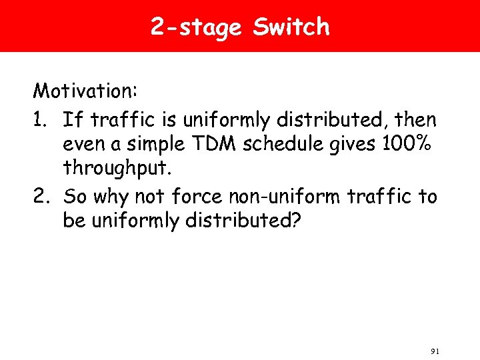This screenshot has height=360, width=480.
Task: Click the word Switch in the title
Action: click(x=292, y=27)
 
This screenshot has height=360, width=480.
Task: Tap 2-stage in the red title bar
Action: click(x=196, y=27)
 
